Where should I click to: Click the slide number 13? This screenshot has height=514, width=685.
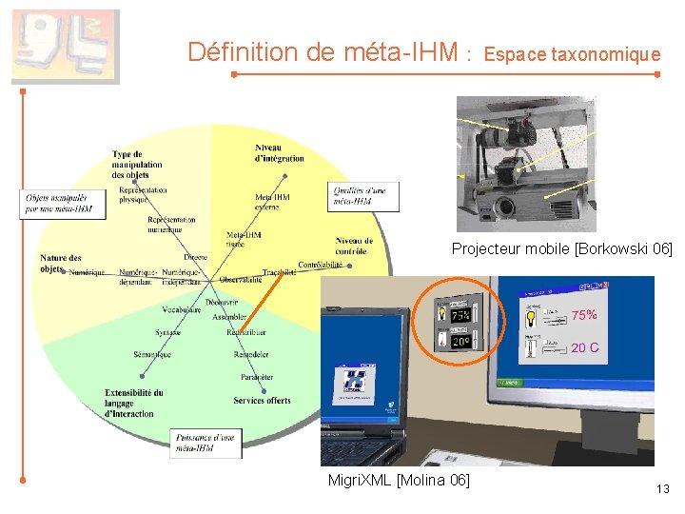[663, 489]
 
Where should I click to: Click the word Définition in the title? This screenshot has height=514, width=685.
[245, 52]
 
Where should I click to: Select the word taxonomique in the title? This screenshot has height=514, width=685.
[612, 55]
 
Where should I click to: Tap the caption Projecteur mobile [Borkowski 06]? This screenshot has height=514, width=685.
[561, 249]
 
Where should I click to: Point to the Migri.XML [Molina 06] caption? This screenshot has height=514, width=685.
[399, 480]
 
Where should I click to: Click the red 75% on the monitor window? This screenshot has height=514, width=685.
[583, 315]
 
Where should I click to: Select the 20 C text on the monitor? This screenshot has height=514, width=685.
[584, 347]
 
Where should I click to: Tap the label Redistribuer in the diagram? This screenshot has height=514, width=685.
[246, 332]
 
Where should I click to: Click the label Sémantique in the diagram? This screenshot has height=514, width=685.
[152, 355]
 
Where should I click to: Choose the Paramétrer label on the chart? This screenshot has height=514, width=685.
[257, 377]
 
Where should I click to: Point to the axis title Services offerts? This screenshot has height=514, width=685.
[263, 401]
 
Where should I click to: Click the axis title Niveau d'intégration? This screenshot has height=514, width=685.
[280, 152]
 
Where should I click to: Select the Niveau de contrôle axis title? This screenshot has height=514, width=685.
[354, 246]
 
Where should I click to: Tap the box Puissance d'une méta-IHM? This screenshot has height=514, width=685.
[205, 442]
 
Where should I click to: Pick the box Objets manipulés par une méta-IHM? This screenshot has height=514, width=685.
[59, 203]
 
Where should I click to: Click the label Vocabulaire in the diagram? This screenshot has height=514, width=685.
[181, 310]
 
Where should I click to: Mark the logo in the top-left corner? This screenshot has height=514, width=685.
[65, 47]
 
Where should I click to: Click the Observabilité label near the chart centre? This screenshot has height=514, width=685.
[241, 280]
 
